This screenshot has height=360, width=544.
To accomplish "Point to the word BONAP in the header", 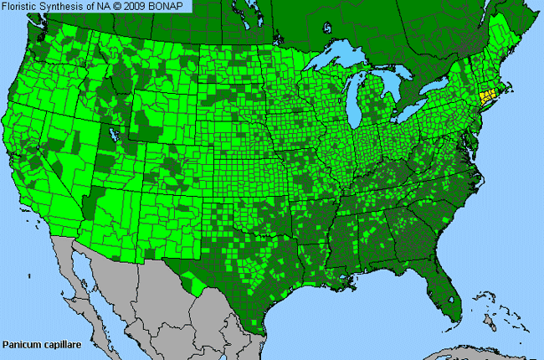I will [172, 7].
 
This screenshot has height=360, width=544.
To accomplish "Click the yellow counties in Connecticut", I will [486, 99].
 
